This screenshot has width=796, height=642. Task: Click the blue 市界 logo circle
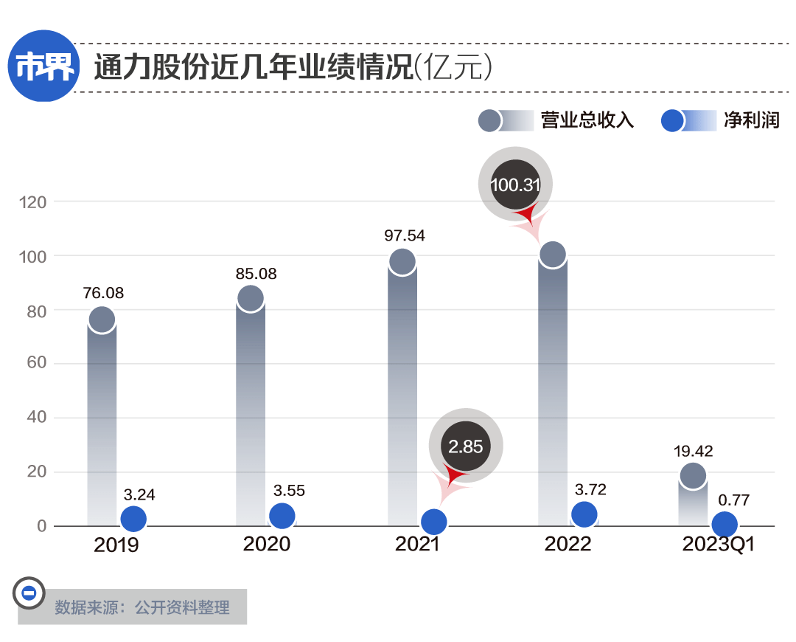coord(44,67)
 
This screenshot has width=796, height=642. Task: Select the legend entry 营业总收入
coord(587,120)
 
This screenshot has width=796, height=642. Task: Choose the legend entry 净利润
coord(751,120)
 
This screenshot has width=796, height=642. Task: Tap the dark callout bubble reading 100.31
coord(516,185)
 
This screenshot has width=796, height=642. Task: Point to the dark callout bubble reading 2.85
coord(466,446)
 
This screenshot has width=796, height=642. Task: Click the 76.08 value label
coord(103,293)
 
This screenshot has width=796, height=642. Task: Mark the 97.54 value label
coord(405,236)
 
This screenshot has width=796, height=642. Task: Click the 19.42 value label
coord(693,451)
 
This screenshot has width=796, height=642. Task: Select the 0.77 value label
coord(733,500)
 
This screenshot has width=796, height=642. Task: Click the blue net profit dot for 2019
coord(133,519)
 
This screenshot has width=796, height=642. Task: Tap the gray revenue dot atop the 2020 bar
coord(251,298)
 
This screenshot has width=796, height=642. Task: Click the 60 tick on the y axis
coord(35,363)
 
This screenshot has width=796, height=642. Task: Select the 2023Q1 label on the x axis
coord(719,545)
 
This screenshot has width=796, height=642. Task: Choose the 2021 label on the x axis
coord(417,545)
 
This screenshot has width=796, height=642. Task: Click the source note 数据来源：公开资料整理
coord(142,607)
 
